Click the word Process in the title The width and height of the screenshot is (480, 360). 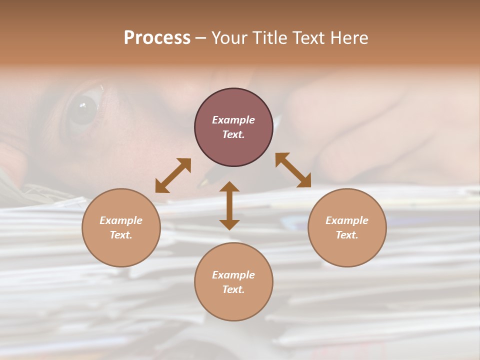click(x=157, y=38)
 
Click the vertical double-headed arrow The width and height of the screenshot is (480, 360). click(x=229, y=205)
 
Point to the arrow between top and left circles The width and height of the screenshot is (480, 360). click(x=173, y=175)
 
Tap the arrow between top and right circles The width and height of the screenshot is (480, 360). click(x=293, y=170)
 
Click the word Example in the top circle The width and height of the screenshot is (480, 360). click(x=233, y=120)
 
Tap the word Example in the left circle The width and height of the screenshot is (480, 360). click(x=121, y=220)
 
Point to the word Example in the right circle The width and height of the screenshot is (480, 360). click(x=347, y=220)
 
